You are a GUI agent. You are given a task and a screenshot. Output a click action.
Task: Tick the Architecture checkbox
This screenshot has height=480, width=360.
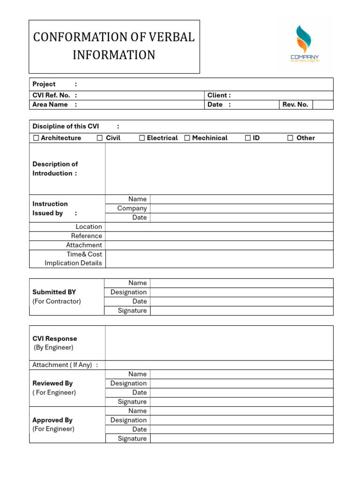[36, 138]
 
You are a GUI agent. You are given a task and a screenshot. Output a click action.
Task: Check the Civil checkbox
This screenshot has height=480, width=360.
[100, 138]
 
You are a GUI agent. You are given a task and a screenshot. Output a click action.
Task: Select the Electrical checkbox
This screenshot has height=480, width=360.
[142, 138]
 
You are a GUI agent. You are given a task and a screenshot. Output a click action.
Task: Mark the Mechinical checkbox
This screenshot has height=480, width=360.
[187, 138]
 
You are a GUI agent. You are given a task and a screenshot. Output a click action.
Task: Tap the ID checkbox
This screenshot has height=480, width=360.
[248, 138]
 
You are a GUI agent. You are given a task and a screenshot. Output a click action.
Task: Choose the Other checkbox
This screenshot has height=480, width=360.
[290, 138]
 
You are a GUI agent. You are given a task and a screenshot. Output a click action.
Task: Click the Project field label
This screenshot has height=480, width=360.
[44, 84]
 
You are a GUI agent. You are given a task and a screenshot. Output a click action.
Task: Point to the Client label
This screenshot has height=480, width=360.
[219, 95]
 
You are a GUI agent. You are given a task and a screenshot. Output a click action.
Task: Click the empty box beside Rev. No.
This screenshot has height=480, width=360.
[322, 105]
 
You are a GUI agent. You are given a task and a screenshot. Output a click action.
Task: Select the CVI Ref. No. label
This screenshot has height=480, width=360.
[51, 95]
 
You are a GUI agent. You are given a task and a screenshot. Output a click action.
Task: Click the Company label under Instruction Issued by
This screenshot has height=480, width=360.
[132, 208]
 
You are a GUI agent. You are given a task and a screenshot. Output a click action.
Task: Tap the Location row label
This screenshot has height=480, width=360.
[89, 226]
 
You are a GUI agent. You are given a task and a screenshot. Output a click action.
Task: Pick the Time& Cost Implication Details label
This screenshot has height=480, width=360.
[74, 259]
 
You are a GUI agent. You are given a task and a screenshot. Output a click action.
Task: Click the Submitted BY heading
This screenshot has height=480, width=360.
[54, 292]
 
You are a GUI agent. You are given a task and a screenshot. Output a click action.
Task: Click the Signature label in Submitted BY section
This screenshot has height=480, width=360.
[132, 310]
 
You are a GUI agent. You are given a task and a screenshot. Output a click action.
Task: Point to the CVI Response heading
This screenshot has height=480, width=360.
[54, 338]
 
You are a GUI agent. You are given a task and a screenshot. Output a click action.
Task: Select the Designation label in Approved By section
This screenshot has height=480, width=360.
[128, 420]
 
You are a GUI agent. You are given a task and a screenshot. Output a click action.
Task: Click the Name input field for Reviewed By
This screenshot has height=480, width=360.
[241, 374]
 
